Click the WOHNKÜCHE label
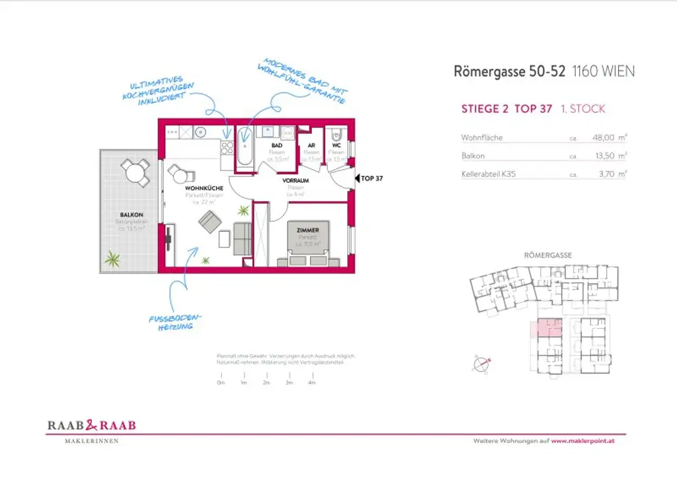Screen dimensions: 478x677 [x=204, y=188]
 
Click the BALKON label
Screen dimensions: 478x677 [x=129, y=215]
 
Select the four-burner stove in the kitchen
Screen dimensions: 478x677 [x=227, y=147]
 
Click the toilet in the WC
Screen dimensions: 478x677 [x=337, y=131]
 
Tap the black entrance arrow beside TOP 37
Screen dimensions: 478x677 [x=357, y=178]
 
